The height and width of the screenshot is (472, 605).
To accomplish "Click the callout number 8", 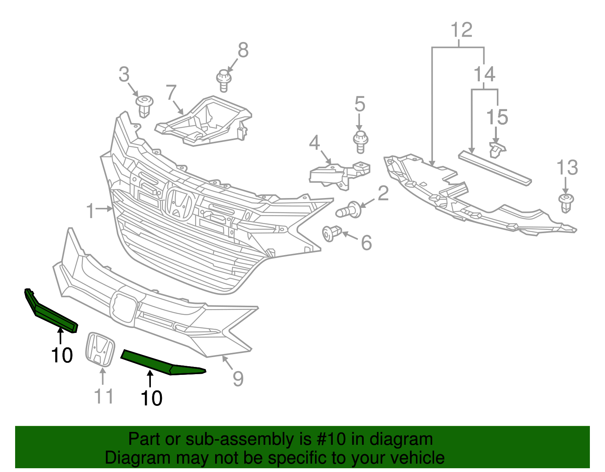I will tap(243, 50).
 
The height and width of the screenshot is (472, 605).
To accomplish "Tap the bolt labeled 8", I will tap(223, 80).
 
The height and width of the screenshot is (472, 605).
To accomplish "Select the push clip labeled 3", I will tap(144, 105).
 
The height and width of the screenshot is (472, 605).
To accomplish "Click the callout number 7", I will tap(171, 93).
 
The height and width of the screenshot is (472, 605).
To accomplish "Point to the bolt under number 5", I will tap(360, 141).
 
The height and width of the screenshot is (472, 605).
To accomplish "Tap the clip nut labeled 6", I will tap(332, 233).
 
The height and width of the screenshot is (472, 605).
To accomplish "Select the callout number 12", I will tap(462, 30).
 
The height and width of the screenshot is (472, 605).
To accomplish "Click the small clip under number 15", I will tap(496, 150).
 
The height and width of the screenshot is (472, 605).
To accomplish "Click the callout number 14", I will tap(484, 74).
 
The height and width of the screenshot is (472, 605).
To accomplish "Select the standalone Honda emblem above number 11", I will tap(100, 349).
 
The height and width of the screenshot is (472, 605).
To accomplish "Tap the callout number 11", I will tap(104, 396).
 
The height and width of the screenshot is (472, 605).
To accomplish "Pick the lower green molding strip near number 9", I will tap(163, 364).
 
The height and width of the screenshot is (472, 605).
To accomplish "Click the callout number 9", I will tap(238, 379).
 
